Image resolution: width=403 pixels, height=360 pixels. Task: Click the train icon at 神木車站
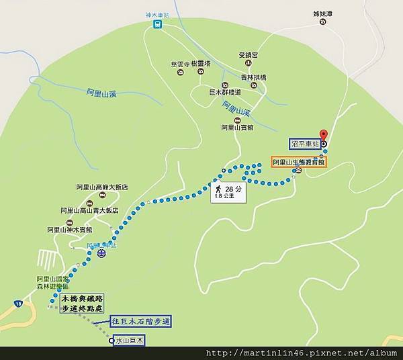click(x=157, y=24)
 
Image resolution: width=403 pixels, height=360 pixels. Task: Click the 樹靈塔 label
click(x=201, y=64)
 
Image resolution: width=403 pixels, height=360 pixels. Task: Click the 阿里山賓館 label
click(x=236, y=127)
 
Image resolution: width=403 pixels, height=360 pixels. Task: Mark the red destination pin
click(x=323, y=134)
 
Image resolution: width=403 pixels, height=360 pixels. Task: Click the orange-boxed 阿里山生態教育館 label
click(x=298, y=162)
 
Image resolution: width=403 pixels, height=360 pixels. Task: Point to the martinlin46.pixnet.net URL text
click(x=302, y=353)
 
